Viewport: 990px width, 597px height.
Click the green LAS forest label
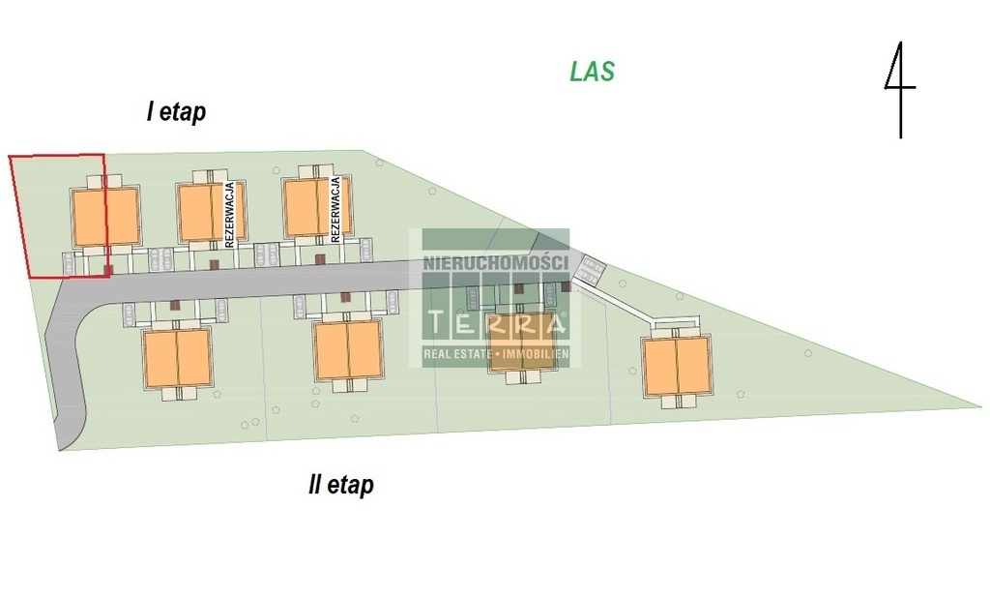[592, 72]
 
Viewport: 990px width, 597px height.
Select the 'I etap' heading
[176, 112]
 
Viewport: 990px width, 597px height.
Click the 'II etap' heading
[340, 485]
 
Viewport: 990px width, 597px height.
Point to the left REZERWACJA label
[230, 215]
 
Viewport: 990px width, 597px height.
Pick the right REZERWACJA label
[335, 210]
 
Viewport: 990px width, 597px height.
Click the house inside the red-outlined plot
[105, 216]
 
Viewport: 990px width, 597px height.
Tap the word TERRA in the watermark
[496, 322]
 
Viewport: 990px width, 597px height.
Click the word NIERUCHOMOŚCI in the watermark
[495, 263]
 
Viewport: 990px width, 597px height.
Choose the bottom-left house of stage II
[176, 358]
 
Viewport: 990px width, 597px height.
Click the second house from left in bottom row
[348, 350]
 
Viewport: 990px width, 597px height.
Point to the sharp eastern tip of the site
[978, 406]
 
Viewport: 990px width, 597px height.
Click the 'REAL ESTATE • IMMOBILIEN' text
[496, 356]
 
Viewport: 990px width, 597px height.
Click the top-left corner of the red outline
[10, 156]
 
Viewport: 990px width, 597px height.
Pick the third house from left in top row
[317, 206]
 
